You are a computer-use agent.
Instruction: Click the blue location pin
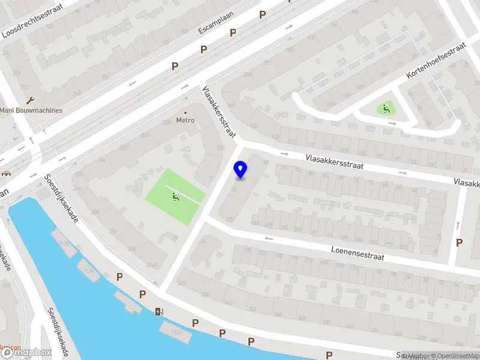[241, 170]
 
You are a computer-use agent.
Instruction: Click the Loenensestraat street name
[356, 252]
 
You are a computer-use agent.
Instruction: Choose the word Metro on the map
[185, 120]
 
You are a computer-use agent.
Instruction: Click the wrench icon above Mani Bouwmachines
[31, 100]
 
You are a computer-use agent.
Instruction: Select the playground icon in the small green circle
[385, 109]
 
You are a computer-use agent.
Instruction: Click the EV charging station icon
[159, 311]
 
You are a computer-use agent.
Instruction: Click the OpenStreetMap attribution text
[453, 356]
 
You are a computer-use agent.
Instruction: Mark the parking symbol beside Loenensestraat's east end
[460, 242]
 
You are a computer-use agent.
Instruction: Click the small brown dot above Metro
[185, 112]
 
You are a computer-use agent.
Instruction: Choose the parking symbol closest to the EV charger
[143, 294]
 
